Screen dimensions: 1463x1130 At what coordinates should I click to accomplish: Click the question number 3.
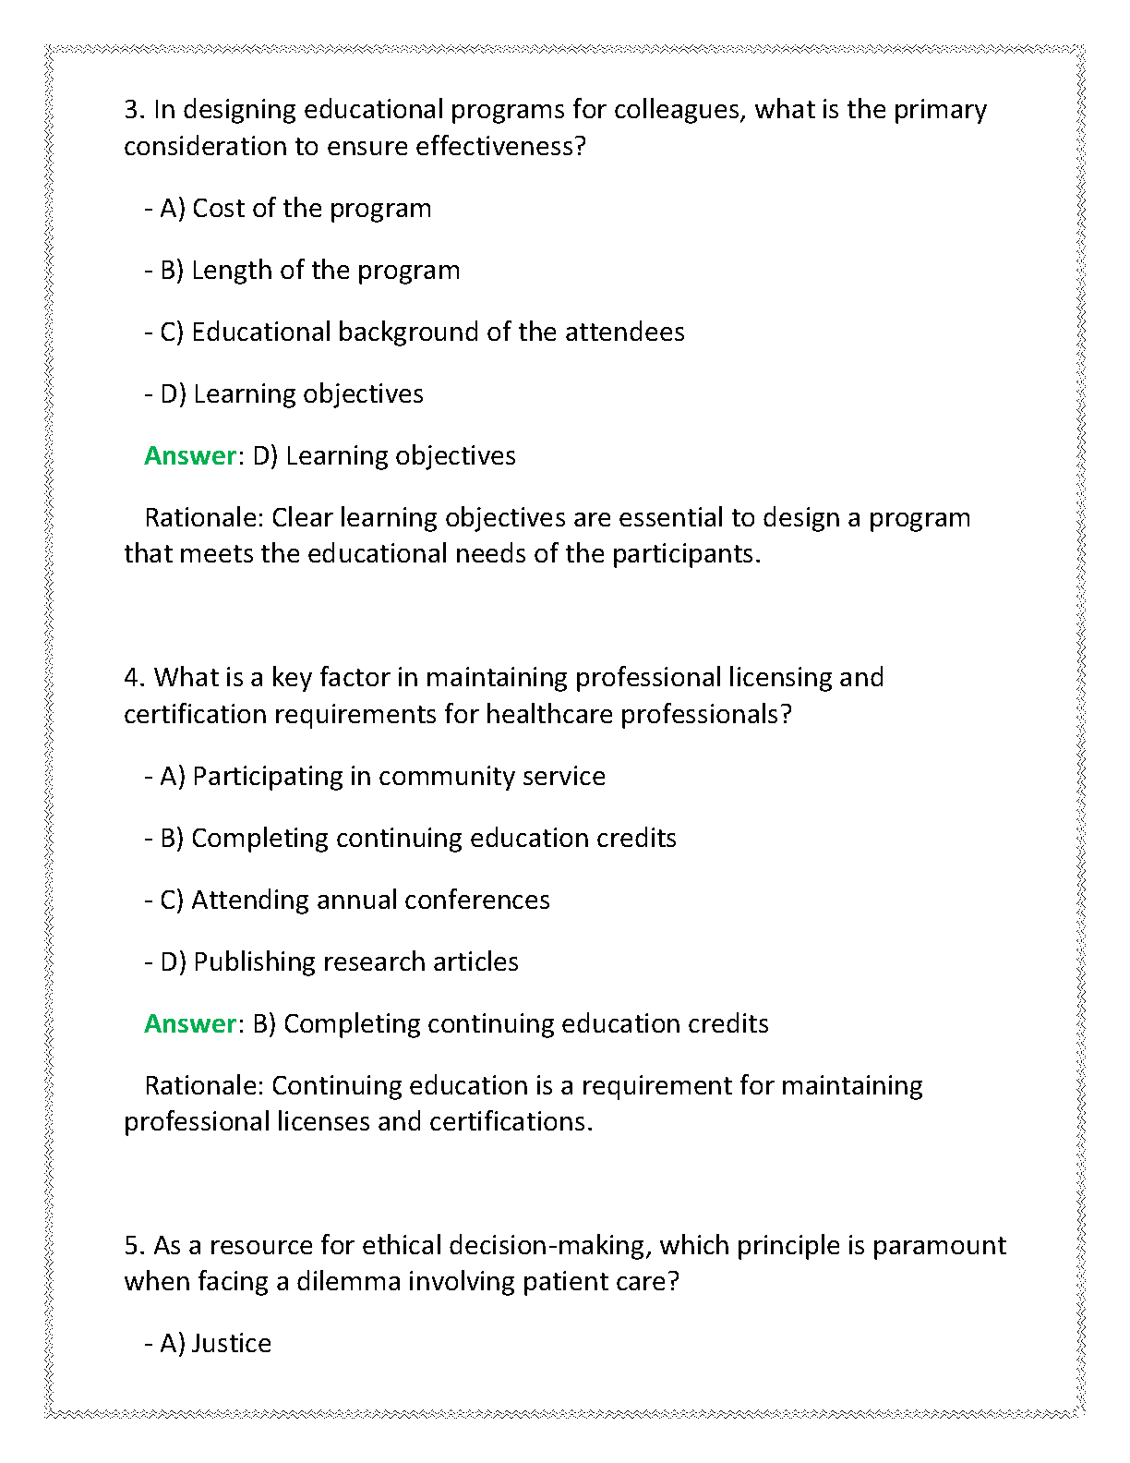point(134,110)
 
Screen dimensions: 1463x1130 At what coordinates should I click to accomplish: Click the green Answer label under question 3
point(190,456)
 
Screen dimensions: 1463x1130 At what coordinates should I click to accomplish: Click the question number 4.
point(134,678)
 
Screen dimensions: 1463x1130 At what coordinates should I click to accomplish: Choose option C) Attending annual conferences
point(355,901)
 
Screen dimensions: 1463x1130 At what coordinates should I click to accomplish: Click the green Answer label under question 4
point(190,1024)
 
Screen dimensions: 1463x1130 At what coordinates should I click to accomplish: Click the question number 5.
point(134,1246)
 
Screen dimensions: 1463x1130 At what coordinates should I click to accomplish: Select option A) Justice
point(215,1344)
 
